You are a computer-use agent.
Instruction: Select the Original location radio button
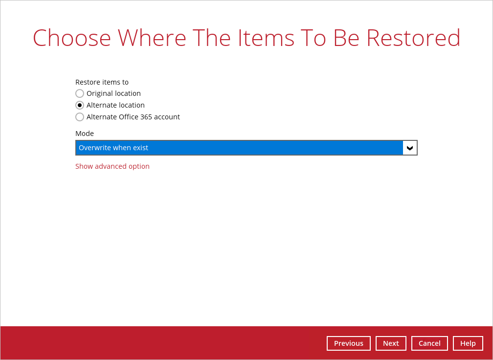[x=80, y=93]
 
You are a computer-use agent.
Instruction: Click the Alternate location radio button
[x=80, y=105]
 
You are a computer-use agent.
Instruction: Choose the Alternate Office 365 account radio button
[x=80, y=117]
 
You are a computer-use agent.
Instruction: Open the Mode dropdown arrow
[x=410, y=148]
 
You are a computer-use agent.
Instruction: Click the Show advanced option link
[x=112, y=166]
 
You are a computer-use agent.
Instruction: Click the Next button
[x=391, y=343]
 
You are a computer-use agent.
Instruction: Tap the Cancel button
[x=429, y=343]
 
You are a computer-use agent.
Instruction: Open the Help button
[x=468, y=343]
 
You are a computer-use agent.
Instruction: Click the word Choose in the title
[x=72, y=38]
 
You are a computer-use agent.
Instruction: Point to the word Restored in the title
[x=413, y=38]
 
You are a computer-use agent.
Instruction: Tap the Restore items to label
[x=102, y=82]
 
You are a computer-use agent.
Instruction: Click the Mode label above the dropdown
[x=85, y=134]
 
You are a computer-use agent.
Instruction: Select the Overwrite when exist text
[x=113, y=148]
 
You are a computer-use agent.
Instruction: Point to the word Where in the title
[x=152, y=38]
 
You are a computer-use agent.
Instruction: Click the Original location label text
[x=114, y=93]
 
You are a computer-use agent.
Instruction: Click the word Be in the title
[x=346, y=38]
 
